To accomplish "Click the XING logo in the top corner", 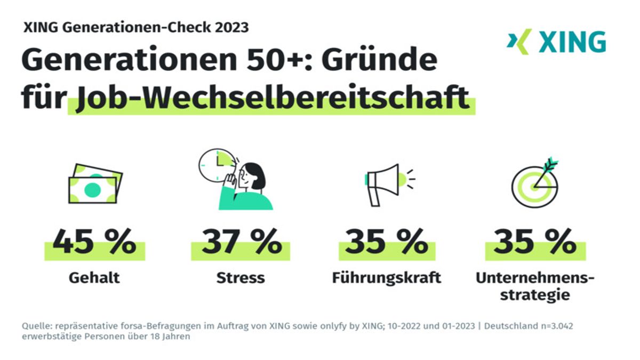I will (556, 42).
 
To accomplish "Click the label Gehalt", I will (94, 278).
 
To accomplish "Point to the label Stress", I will (241, 278).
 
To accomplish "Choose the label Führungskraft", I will (387, 278).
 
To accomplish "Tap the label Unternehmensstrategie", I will (535, 286).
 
